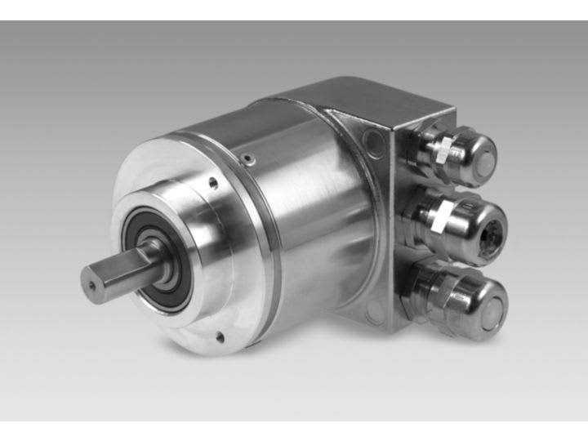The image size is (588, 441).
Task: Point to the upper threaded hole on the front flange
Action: click(213, 184)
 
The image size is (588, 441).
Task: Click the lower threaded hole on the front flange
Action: click(218, 336)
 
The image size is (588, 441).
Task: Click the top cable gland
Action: click(457, 153)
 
